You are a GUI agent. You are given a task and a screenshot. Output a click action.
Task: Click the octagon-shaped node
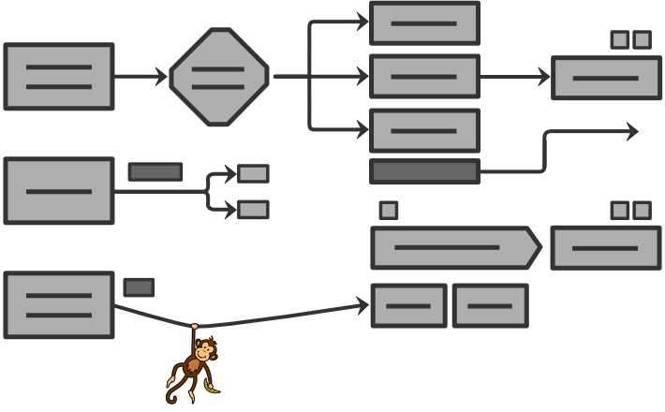[219, 77]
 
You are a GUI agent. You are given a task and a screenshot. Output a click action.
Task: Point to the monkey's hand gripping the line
[194, 327]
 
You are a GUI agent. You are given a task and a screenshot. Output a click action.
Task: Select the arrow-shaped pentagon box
[455, 248]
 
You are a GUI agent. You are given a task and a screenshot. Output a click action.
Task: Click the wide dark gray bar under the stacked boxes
[424, 171]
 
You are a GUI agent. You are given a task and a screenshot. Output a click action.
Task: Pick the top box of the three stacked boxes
[424, 23]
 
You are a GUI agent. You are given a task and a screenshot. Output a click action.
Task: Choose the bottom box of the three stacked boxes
[424, 130]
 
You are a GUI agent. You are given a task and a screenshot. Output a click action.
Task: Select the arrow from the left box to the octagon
[140, 77]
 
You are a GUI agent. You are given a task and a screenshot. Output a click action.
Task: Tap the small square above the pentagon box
[389, 211]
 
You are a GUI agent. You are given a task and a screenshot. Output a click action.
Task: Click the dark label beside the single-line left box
[155, 172]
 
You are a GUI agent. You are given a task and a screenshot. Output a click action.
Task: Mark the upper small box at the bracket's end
[253, 173]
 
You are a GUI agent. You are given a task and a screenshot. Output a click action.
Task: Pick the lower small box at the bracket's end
[253, 209]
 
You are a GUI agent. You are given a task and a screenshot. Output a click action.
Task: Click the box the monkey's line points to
[408, 306]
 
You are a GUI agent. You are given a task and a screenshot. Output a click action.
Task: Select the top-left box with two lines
[59, 77]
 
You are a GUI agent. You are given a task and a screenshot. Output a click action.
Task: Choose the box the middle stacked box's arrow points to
[606, 78]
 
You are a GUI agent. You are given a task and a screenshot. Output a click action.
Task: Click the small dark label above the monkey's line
[139, 287]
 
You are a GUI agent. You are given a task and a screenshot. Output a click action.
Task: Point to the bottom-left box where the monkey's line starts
[59, 305]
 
